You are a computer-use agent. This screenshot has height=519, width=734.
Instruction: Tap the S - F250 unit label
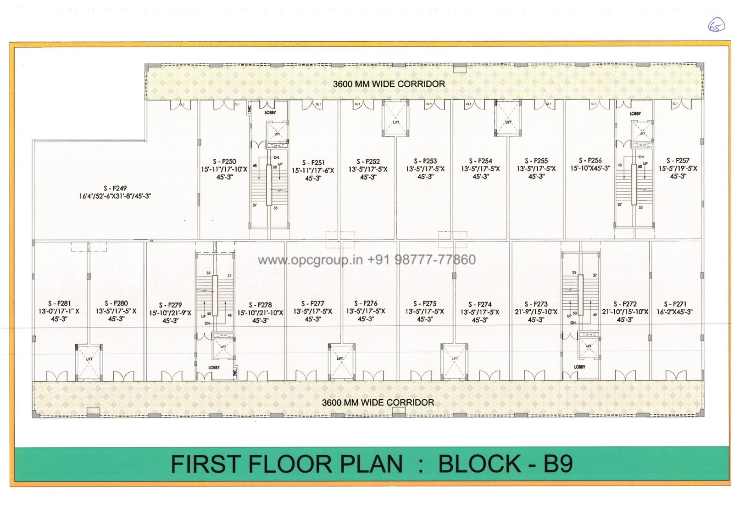pyautogui.click(x=224, y=162)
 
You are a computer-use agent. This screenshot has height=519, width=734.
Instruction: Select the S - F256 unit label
pyautogui.click(x=590, y=160)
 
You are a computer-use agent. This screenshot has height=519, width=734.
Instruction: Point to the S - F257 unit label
pyautogui.click(x=678, y=161)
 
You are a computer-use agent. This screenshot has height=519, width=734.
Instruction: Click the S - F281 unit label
pyautogui.click(x=59, y=303)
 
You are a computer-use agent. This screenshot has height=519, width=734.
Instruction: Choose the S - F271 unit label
pyautogui.click(x=675, y=304)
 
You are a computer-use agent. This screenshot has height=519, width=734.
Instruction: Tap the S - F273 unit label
pyautogui.click(x=536, y=304)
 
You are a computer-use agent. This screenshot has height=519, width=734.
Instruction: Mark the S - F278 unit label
pyautogui.click(x=260, y=305)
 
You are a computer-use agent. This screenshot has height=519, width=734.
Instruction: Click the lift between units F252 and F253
pyautogui.click(x=395, y=118)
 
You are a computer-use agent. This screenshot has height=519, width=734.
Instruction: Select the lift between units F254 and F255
pyautogui.click(x=508, y=118)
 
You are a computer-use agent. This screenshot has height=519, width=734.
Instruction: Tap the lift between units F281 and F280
pyautogui.click(x=89, y=362)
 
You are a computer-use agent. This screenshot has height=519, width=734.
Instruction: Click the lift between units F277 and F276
pyautogui.click(x=341, y=362)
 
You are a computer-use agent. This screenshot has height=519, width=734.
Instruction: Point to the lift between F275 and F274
pyautogui.click(x=454, y=362)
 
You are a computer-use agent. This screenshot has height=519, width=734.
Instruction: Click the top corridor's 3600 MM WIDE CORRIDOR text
pyautogui.click(x=389, y=84)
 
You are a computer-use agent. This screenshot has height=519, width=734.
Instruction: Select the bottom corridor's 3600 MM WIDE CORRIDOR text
pyautogui.click(x=378, y=402)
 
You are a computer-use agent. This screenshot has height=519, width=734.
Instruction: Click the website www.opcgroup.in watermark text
pyautogui.click(x=310, y=260)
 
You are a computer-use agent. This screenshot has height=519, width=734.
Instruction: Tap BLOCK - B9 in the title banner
pyautogui.click(x=505, y=464)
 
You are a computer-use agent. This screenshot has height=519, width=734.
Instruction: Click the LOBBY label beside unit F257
pyautogui.click(x=635, y=113)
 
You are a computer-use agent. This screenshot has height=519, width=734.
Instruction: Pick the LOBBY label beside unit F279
pyautogui.click(x=214, y=368)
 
